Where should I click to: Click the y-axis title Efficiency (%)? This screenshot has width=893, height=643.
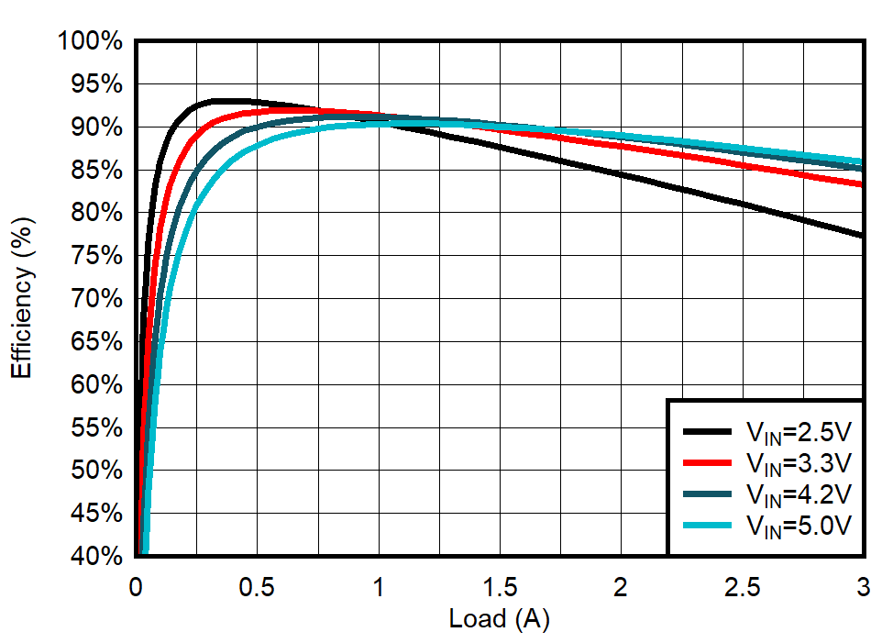click(x=22, y=297)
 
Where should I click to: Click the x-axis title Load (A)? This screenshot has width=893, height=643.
click(x=499, y=619)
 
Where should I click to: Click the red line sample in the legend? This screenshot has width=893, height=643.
click(x=707, y=462)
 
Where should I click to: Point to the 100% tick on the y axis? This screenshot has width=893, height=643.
click(x=89, y=41)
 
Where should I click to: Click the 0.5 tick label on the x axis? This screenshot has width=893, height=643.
click(x=257, y=586)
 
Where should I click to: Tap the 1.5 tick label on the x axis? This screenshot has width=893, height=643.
click(x=500, y=586)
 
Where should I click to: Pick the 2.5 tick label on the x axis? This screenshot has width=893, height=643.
click(x=742, y=586)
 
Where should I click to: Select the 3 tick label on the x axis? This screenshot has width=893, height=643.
click(x=863, y=586)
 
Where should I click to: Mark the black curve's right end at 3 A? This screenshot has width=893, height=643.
click(x=862, y=236)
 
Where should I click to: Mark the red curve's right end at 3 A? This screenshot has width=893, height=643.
click(x=862, y=184)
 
